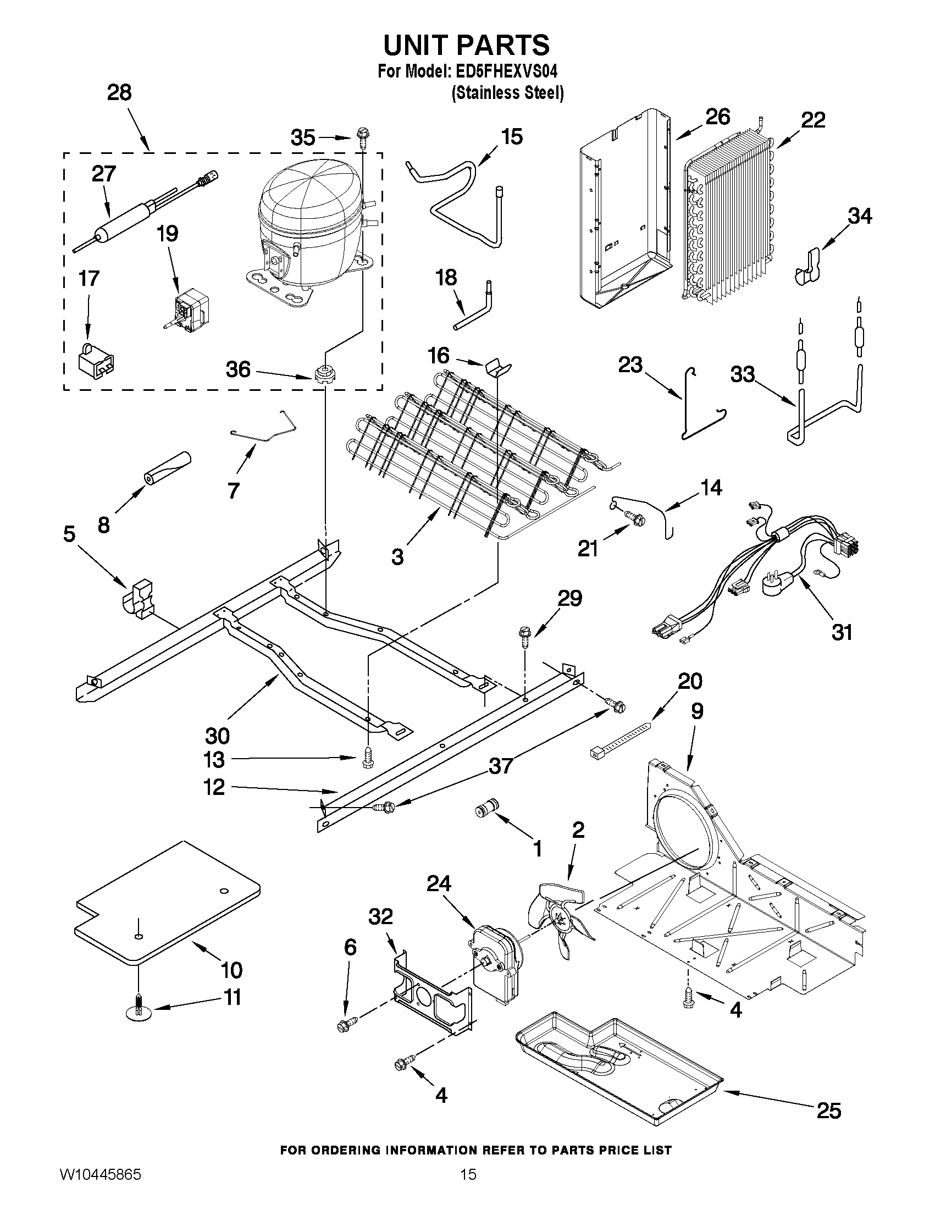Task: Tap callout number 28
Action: (119, 92)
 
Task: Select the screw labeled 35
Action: (363, 136)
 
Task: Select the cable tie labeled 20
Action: (621, 737)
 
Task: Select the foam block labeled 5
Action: (139, 598)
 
